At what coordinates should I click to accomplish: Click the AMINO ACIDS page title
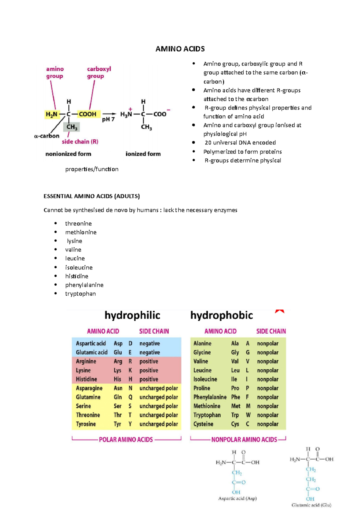point(180,49)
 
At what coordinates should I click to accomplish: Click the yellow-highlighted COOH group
point(87,114)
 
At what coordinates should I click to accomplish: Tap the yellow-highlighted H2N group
point(51,114)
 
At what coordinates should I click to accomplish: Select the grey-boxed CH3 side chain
point(72,127)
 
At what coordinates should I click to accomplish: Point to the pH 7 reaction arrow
point(109,114)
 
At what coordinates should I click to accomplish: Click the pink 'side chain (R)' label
point(80,141)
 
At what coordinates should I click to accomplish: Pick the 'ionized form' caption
point(143,154)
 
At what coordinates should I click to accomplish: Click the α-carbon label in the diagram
point(47,136)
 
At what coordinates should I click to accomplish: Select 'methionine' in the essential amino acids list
point(81,232)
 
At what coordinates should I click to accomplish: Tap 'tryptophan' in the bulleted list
point(80,294)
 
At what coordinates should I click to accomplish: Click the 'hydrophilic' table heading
point(132,315)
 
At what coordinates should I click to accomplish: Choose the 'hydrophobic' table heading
point(221,315)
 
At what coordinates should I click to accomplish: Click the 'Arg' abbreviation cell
point(118,362)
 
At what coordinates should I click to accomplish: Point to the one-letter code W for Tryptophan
point(248,415)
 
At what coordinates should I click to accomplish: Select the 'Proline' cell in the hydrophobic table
point(202,388)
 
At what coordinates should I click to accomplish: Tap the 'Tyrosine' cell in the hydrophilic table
point(86,424)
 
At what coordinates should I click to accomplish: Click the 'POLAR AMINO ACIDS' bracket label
point(126,440)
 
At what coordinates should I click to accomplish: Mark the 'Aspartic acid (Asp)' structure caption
point(237,499)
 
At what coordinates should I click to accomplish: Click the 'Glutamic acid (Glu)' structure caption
point(311,505)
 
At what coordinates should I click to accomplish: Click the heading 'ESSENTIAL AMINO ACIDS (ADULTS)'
point(91,196)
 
